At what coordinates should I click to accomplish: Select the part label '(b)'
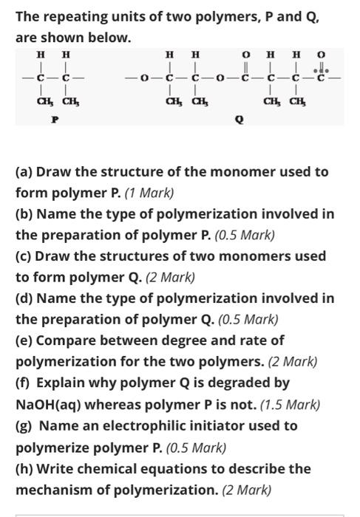[x=24, y=214]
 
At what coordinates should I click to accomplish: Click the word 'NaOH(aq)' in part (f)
[x=48, y=405]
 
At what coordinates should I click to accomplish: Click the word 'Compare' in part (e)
[x=67, y=341]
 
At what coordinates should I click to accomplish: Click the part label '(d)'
[x=24, y=299]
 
